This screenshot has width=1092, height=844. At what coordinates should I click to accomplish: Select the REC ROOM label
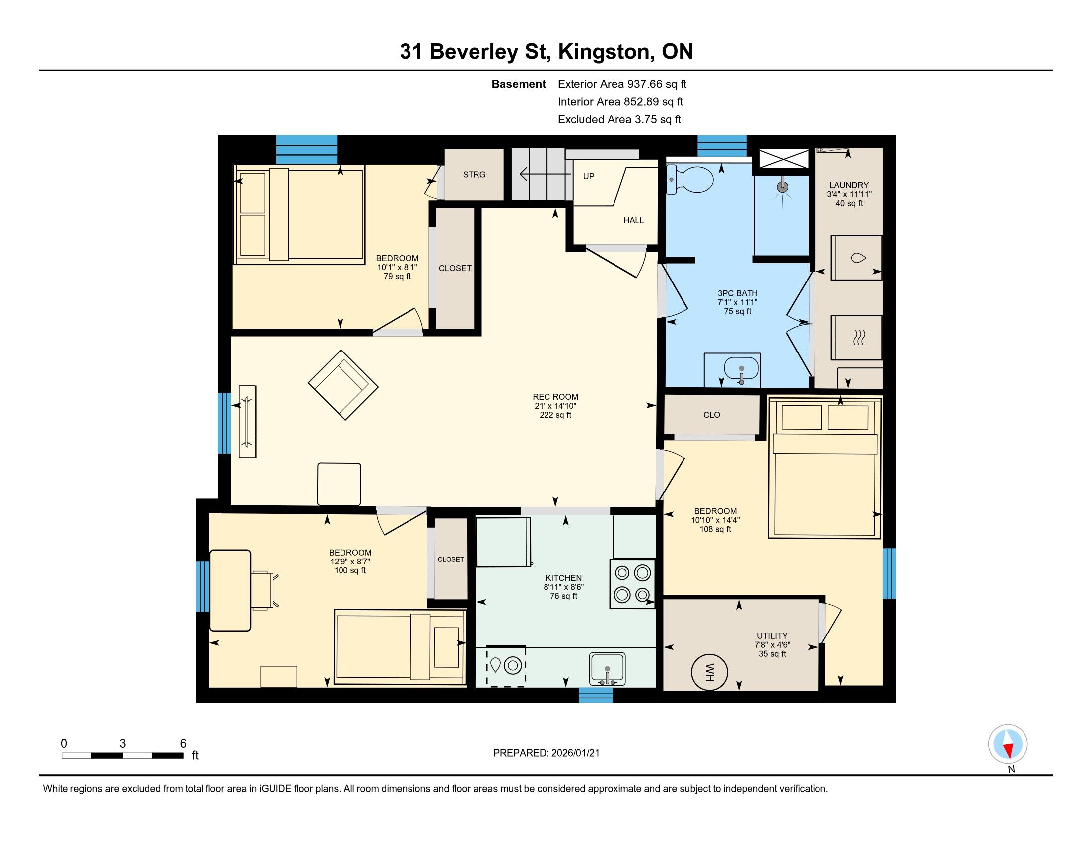555,397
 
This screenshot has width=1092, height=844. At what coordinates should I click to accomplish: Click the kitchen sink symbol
607,669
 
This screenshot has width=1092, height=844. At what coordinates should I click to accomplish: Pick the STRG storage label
474,174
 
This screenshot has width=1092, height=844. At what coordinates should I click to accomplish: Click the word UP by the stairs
589,176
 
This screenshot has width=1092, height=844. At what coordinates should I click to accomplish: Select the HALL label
633,220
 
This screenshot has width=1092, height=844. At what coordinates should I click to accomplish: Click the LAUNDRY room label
848,185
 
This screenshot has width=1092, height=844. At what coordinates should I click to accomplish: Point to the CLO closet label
711,415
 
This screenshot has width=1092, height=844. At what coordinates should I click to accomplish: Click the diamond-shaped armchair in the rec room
343,384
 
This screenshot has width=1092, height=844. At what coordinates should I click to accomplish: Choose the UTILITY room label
772,636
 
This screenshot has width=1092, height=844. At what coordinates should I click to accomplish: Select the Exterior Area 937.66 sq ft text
622,84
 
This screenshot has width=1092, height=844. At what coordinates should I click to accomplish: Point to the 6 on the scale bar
183,743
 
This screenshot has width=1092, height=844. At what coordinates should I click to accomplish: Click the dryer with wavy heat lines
857,338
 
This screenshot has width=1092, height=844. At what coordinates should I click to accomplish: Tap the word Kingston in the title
605,52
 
